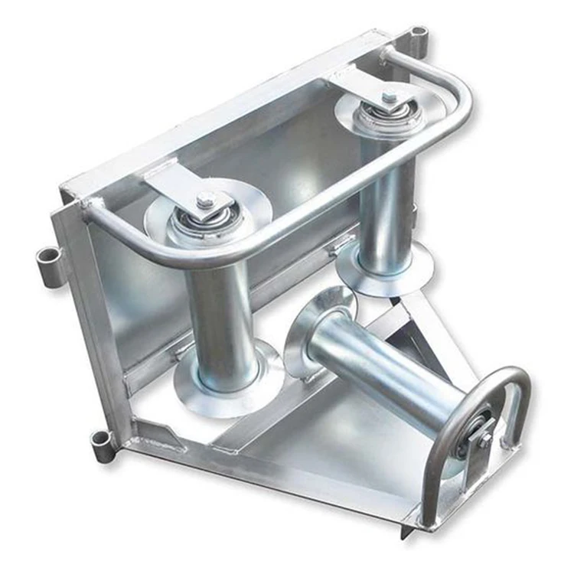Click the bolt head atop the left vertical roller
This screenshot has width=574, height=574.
click(205, 201)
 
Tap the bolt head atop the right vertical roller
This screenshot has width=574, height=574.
click(390, 98)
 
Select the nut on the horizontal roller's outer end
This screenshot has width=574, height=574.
click(484, 439)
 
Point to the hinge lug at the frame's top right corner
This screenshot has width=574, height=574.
click(418, 35)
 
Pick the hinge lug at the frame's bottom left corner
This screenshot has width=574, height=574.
click(100, 441)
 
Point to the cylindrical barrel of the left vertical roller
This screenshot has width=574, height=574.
click(218, 314)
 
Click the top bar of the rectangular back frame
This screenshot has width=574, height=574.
click(222, 107)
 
